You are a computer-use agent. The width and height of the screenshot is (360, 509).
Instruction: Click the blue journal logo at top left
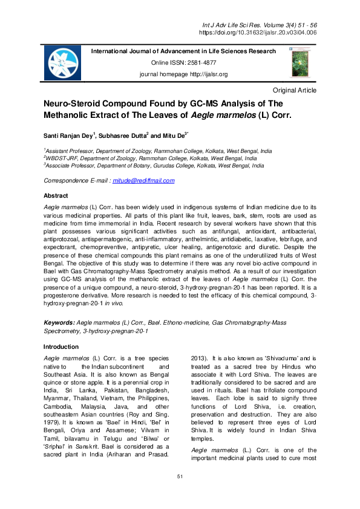point(62,63)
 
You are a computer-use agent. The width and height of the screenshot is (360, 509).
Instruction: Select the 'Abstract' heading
point(56,196)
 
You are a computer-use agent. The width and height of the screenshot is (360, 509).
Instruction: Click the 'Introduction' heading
point(61,347)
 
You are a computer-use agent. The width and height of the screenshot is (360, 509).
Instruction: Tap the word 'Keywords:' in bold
point(59,323)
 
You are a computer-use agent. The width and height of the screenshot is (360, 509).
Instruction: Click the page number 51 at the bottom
point(180,494)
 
